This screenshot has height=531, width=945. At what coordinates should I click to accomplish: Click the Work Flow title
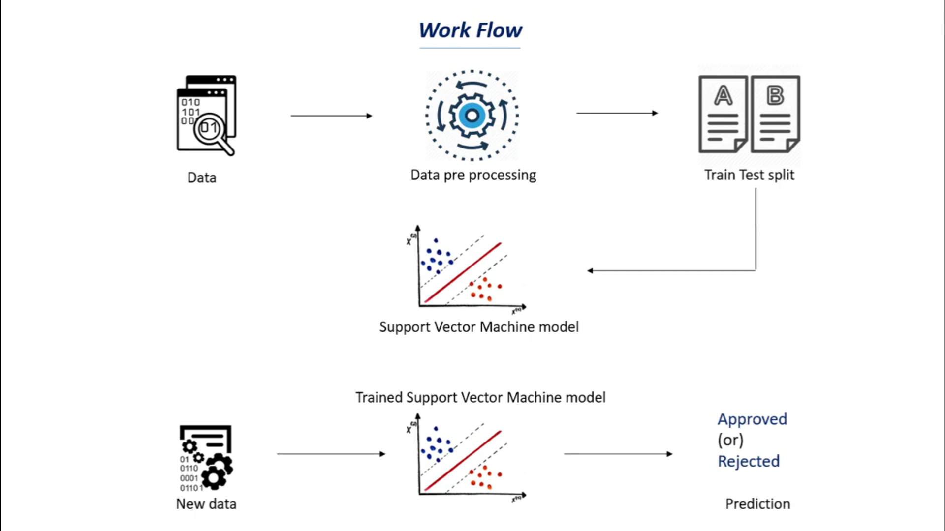click(x=471, y=30)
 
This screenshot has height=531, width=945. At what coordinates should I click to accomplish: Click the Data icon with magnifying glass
click(x=206, y=116)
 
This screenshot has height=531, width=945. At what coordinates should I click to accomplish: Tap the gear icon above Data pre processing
click(x=472, y=116)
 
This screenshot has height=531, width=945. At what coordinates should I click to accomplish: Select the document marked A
click(x=723, y=114)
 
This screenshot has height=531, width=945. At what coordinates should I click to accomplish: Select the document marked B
click(x=775, y=114)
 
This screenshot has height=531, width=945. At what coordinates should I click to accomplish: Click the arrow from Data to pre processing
click(x=331, y=116)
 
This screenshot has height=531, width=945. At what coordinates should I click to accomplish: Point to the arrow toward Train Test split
click(x=617, y=113)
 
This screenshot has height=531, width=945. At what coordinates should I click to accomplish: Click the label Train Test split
click(x=749, y=175)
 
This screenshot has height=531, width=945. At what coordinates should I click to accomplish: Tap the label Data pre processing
click(x=473, y=175)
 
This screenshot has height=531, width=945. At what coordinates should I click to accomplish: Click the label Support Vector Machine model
click(x=478, y=327)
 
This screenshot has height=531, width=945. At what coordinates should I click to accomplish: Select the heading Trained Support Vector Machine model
click(x=480, y=397)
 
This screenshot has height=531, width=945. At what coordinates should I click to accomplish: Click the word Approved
click(x=752, y=419)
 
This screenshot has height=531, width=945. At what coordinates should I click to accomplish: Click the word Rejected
click(x=748, y=461)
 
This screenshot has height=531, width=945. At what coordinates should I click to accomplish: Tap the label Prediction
click(x=757, y=504)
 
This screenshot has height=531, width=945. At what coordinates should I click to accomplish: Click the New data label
click(x=206, y=504)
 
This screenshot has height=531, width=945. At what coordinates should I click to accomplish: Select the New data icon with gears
click(x=205, y=458)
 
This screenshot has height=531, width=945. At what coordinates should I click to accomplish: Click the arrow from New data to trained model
click(x=331, y=454)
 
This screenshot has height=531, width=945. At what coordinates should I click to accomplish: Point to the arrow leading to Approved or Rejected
click(x=618, y=454)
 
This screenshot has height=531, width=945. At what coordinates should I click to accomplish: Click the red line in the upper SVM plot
click(x=463, y=272)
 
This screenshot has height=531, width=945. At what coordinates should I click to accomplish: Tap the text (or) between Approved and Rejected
click(x=730, y=440)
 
